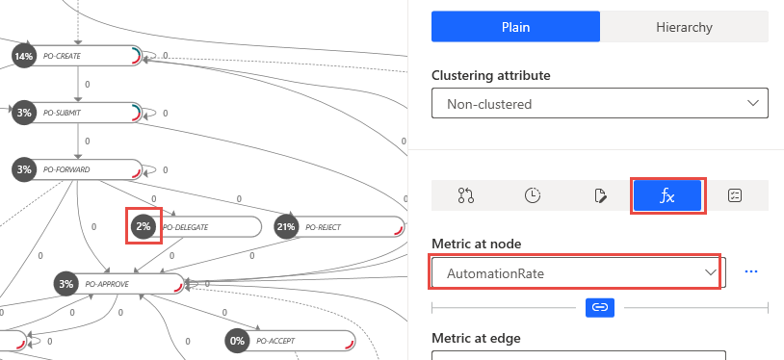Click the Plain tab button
pos(515,26)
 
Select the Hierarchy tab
pos(684,26)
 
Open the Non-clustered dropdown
pos(599,103)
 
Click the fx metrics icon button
pos(666,195)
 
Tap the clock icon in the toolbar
pos(533,195)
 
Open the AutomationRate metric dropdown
pos(576,273)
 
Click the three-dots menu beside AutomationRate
pos(752,272)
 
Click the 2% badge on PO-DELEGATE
pos(144,227)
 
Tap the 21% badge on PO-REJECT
pos(285,227)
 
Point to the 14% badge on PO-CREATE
pos(23,57)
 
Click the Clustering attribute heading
pos(491,75)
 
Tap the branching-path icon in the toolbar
pos(466,195)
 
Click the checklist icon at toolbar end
pos(734,195)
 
